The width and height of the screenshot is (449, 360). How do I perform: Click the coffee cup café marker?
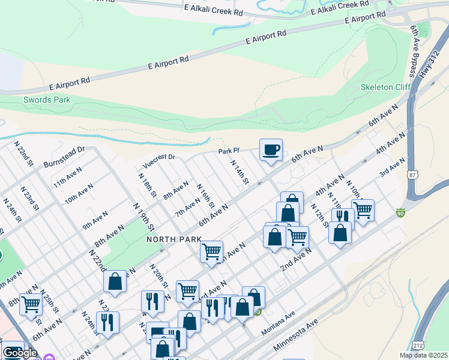coord(271,149)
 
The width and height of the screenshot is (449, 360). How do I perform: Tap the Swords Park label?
coord(47,100)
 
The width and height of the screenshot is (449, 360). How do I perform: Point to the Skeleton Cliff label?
coord(385,87)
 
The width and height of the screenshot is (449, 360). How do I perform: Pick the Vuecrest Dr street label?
coord(158,160)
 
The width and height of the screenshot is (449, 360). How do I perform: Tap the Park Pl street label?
coord(229,151)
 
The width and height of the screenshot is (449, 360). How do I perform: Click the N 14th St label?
coord(240,172)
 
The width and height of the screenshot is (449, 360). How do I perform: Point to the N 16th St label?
coord(205,196)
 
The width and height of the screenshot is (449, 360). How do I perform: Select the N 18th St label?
coord(147,187)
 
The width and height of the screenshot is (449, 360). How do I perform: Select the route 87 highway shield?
coord(411,175)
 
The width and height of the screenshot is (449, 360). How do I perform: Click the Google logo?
coord(20,353)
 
